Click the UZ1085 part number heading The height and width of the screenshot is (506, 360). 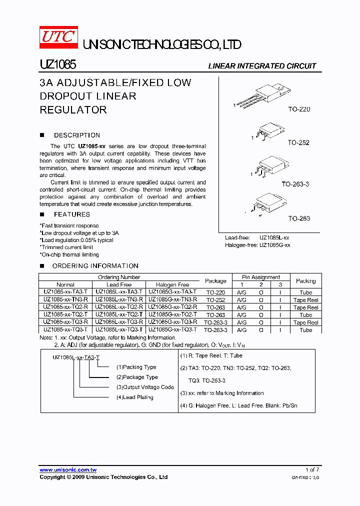(x=57, y=65)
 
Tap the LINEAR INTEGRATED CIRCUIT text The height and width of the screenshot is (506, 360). (x=261, y=66)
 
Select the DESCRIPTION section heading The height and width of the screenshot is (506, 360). (x=76, y=135)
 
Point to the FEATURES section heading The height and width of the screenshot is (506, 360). (x=71, y=214)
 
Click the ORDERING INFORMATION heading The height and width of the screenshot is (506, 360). (x=95, y=266)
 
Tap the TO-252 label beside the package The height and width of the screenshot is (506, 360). (x=298, y=142)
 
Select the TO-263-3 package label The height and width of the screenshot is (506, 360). (x=295, y=184)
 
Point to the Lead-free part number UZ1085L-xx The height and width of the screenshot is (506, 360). (x=274, y=238)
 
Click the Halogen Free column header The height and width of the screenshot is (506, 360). (x=172, y=284)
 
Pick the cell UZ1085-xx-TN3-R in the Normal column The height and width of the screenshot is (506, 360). (x=65, y=299)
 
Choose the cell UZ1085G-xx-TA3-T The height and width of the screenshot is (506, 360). (x=172, y=292)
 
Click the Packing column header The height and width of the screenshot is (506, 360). (x=305, y=281)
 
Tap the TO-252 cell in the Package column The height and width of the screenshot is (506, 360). (x=215, y=299)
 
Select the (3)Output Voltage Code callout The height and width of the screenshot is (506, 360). (x=145, y=387)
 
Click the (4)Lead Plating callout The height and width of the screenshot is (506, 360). (x=134, y=397)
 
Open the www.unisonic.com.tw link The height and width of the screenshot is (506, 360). (x=68, y=470)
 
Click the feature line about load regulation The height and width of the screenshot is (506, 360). (x=77, y=240)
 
